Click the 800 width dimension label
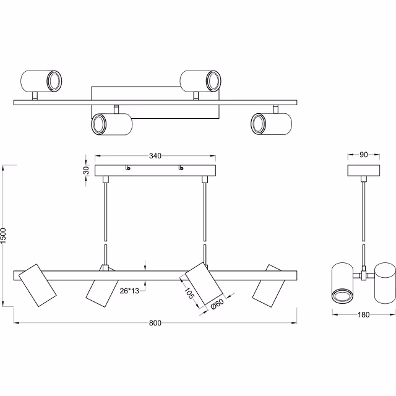pos(155,324)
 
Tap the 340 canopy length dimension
pos(155,156)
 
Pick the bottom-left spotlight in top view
pos(112,124)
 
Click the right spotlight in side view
pos(384,282)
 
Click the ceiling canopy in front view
pos(155,171)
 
